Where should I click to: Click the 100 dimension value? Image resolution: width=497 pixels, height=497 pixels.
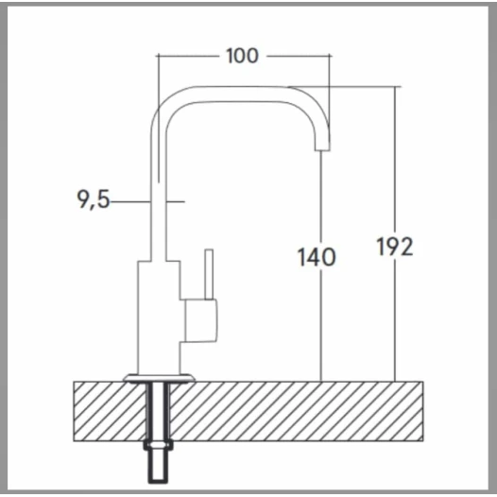243,56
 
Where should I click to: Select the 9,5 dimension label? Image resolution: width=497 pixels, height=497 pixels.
94,199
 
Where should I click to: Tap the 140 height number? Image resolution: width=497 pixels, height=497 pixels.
317,257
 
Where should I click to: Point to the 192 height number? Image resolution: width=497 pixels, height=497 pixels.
395,247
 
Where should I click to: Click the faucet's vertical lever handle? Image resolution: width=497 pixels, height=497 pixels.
209,274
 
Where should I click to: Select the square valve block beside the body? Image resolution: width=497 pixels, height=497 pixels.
201,320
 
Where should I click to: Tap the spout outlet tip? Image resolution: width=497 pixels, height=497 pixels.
322,147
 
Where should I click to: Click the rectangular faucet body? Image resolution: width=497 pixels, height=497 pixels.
159,317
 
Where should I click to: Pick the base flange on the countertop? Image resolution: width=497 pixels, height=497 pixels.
159,378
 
